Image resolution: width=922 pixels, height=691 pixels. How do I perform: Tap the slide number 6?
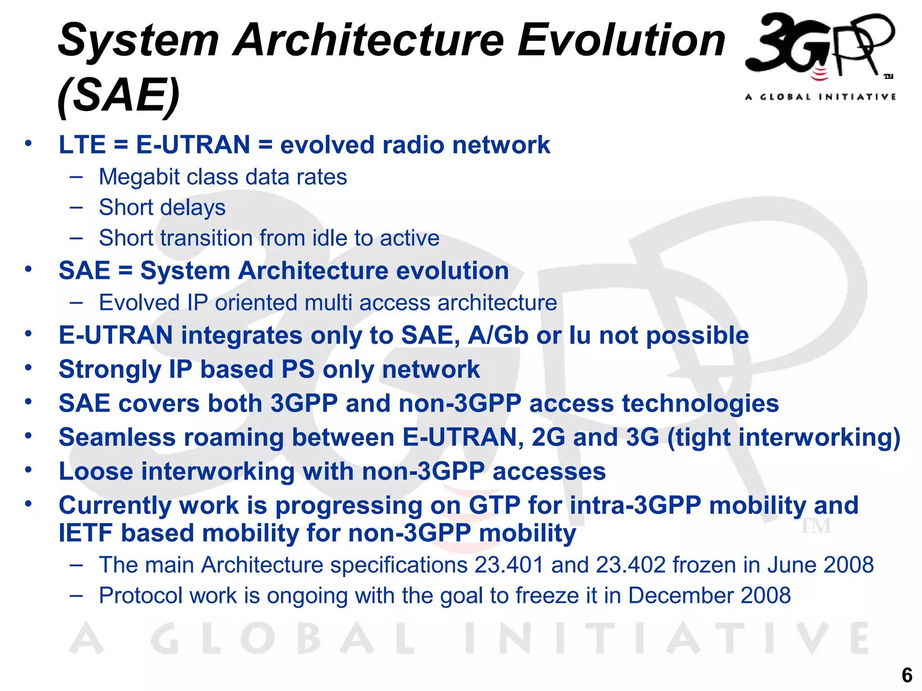(907, 675)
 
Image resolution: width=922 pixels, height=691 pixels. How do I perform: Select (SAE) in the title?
(119, 95)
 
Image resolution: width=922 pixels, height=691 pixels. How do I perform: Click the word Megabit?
(139, 177)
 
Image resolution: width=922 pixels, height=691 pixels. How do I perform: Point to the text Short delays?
(162, 208)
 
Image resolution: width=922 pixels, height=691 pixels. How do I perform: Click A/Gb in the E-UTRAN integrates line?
(498, 336)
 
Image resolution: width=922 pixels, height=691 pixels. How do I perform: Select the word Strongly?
(109, 370)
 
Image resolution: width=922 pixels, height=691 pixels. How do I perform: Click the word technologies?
(700, 403)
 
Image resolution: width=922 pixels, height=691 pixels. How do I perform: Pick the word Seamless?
(117, 437)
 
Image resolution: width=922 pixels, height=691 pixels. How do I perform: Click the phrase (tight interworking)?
(784, 437)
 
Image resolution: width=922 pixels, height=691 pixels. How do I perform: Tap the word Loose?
(96, 471)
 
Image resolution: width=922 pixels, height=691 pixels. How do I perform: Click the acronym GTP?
(495, 505)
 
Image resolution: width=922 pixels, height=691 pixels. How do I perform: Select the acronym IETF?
(86, 534)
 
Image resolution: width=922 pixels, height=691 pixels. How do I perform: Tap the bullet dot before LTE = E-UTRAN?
(28, 144)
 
